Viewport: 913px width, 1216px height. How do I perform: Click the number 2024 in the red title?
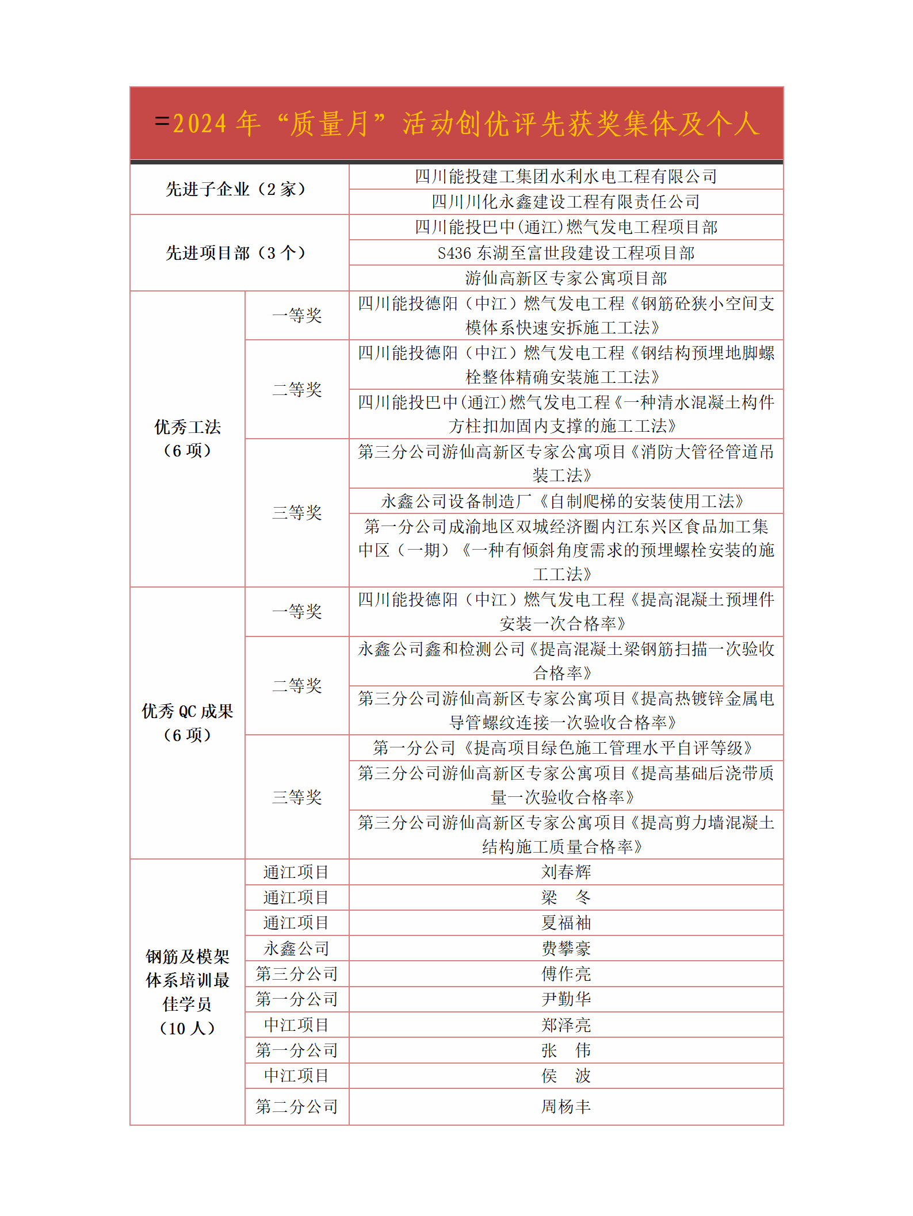pyautogui.click(x=200, y=124)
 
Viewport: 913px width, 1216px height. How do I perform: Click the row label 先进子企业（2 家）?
pyautogui.click(x=236, y=189)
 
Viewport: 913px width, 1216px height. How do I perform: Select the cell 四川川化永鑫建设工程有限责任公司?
pyautogui.click(x=566, y=202)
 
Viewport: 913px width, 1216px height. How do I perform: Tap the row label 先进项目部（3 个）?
pyautogui.click(x=236, y=252)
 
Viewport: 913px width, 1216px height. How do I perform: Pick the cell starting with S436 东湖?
pyautogui.click(x=566, y=253)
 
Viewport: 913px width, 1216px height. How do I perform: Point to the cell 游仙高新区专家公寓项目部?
pyautogui.click(x=566, y=278)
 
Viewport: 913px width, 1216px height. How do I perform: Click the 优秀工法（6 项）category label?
pyautogui.click(x=188, y=439)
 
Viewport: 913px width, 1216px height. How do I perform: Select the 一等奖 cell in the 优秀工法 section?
pyautogui.click(x=297, y=315)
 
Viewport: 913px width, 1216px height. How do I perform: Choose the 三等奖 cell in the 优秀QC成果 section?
pyautogui.click(x=297, y=797)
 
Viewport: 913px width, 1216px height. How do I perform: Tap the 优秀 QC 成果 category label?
pyautogui.click(x=188, y=723)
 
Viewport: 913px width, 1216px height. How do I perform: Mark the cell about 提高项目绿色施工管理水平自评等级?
pyautogui.click(x=566, y=748)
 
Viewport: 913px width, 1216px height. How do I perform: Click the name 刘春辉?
pyautogui.click(x=566, y=872)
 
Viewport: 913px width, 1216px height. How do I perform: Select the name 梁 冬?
pyautogui.click(x=566, y=897)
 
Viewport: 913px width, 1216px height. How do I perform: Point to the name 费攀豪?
pyautogui.click(x=566, y=948)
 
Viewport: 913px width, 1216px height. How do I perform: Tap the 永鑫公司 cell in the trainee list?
pyautogui.click(x=297, y=948)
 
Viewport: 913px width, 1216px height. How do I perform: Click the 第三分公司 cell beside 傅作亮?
pyautogui.click(x=297, y=974)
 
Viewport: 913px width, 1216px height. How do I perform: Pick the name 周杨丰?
pyautogui.click(x=566, y=1107)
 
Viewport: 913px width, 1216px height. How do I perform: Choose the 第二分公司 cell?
pyautogui.click(x=297, y=1107)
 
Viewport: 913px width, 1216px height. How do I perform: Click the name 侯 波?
pyautogui.click(x=566, y=1076)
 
